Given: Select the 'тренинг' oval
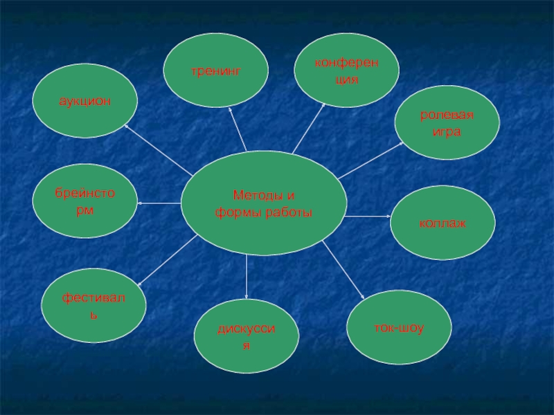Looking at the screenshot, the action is (x=215, y=71).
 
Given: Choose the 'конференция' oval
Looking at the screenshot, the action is (x=346, y=71).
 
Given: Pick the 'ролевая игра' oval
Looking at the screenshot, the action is (x=447, y=123).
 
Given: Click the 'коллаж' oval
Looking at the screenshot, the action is (x=443, y=224).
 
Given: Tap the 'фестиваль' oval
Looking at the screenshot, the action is (x=93, y=306).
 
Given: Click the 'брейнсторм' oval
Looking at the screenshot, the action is (x=84, y=200).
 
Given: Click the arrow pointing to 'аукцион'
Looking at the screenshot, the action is (x=159, y=151).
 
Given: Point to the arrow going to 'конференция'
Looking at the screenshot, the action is (x=309, y=128).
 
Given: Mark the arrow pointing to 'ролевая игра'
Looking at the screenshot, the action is (x=370, y=160).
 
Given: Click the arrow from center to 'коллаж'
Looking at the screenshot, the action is (x=367, y=216).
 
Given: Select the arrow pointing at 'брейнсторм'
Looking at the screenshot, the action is (x=159, y=203).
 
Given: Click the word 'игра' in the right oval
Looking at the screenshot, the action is (x=447, y=131).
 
